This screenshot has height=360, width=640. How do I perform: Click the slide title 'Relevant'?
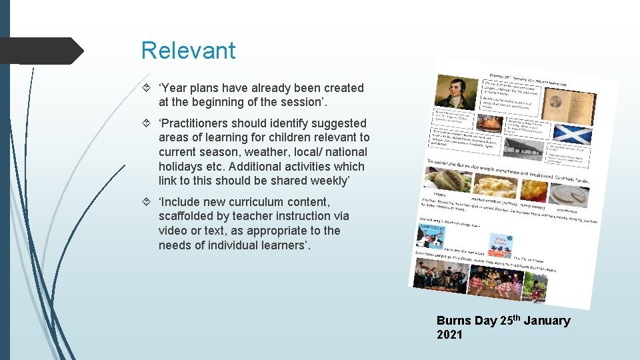pyautogui.click(x=188, y=51)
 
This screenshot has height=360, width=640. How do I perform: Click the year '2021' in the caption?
pyautogui.click(x=449, y=335)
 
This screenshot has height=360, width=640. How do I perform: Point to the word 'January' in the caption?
pyautogui.click(x=547, y=321)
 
